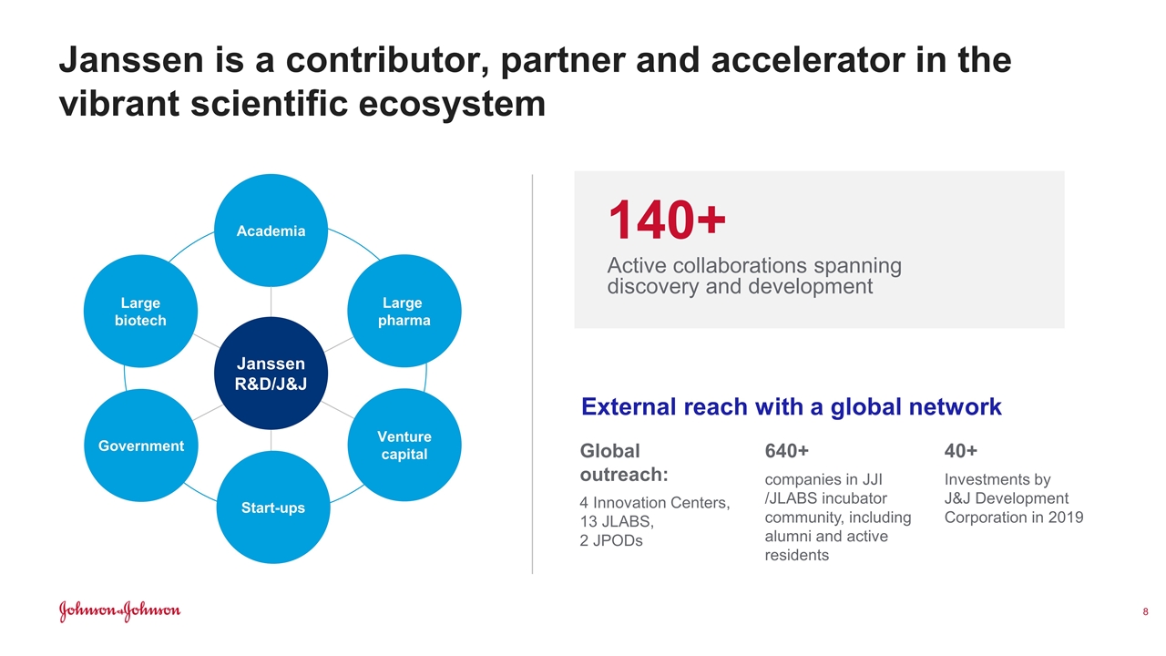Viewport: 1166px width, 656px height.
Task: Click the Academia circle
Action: coord(271,231)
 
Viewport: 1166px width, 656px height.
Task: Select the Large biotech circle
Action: coord(140,311)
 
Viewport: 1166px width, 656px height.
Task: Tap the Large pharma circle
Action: coord(404,311)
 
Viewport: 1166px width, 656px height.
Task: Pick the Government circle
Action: coord(140,446)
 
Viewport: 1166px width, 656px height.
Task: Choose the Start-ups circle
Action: coord(272,507)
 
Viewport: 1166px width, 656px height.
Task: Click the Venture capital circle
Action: coord(404,445)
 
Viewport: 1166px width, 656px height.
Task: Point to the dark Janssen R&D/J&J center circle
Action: coord(271,374)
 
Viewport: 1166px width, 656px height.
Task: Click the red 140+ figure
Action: coord(667,220)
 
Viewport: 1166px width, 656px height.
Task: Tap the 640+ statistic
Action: coord(786,451)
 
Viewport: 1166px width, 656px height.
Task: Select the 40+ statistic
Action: coord(961,451)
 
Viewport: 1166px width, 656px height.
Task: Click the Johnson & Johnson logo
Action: coord(119,611)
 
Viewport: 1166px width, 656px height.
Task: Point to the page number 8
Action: coord(1145,611)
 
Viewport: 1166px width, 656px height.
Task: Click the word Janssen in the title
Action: coord(131,60)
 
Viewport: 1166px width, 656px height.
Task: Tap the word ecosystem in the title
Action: coord(452,104)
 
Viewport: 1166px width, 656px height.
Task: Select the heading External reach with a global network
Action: coord(792,406)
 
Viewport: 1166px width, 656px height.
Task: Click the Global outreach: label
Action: coord(624,463)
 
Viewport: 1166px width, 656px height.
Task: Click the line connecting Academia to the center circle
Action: coord(271,302)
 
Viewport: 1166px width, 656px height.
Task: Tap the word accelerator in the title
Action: coord(808,60)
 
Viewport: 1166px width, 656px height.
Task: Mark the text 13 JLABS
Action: coord(617,521)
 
